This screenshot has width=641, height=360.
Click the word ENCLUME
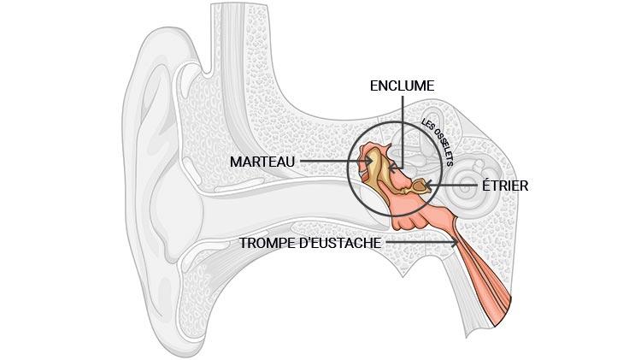pos(402,86)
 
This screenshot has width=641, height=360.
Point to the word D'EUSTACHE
pos(340,243)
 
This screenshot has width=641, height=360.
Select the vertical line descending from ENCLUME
pos(401,128)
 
